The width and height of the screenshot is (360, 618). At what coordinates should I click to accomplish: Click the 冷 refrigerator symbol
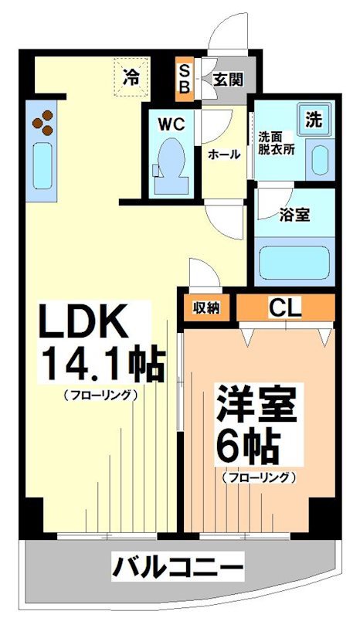pos(131,76)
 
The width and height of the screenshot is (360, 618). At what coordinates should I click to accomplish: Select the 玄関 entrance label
pos(229,79)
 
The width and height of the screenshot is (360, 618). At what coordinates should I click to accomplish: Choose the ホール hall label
pos(224,154)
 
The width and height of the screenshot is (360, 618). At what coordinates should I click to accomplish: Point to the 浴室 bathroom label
pos(295,216)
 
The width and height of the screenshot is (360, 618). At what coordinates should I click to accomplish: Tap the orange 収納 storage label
pos(206,307)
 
